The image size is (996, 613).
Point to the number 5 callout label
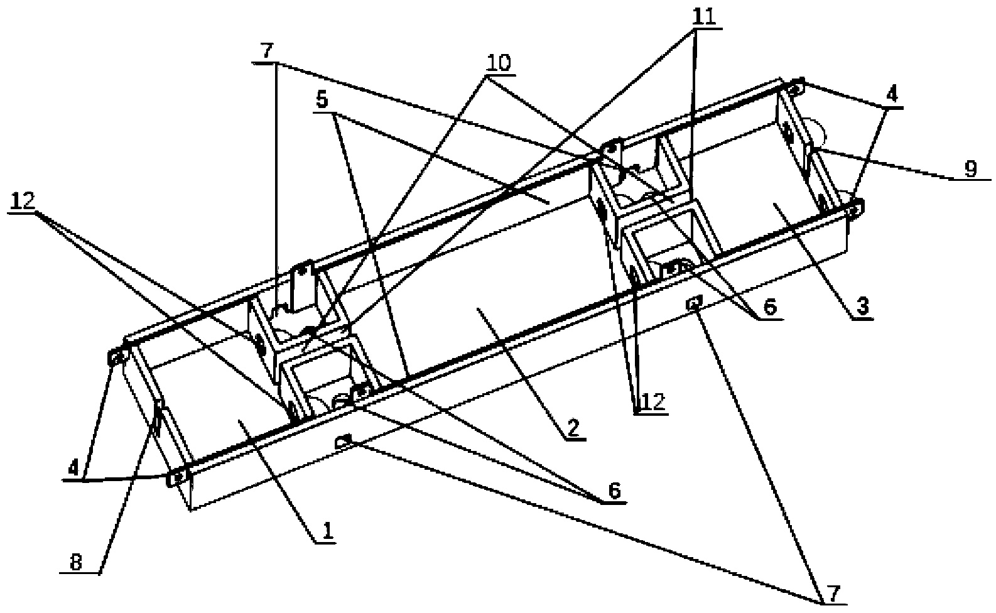pos(322,101)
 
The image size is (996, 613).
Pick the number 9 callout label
pos(971,170)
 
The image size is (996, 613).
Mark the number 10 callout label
pos(499,63)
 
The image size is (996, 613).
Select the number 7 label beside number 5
pos(268,51)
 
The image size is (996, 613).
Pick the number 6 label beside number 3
pos(770,307)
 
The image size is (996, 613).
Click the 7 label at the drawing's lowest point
pos(830,594)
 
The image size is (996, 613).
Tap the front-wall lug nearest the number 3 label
pos(693,304)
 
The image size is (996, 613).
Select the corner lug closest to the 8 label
pos(178,477)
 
